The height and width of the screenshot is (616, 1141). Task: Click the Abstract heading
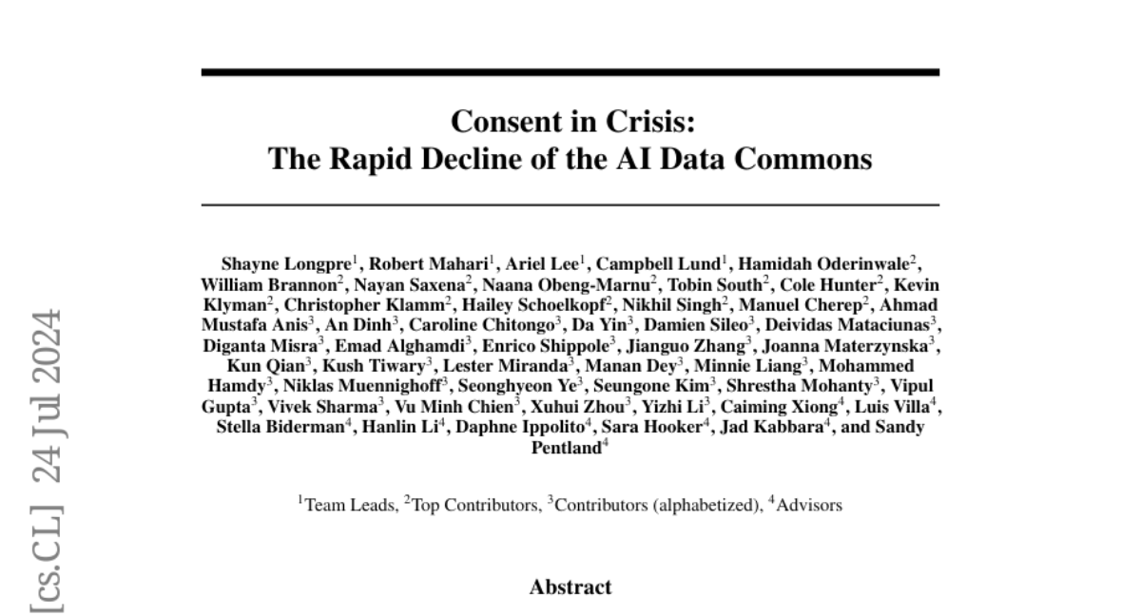tap(570, 587)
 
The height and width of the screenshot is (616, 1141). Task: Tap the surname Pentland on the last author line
tap(567, 448)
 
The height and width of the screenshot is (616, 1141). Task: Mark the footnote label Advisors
tap(807, 506)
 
